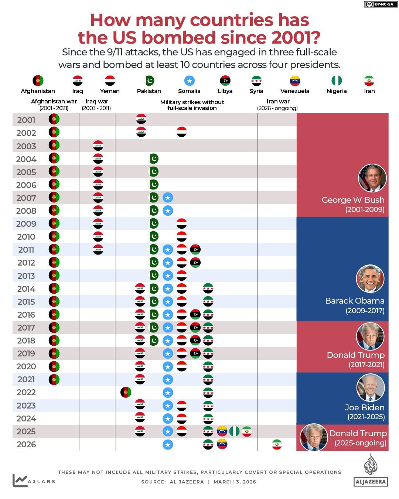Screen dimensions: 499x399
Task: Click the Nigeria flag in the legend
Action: pyautogui.click(x=337, y=81)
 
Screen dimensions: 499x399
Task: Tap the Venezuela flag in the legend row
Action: pyautogui.click(x=295, y=81)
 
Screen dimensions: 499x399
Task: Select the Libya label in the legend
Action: pyautogui.click(x=225, y=91)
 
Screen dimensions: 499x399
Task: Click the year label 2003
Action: pyautogui.click(x=26, y=146)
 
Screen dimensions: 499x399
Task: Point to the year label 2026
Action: pyautogui.click(x=26, y=445)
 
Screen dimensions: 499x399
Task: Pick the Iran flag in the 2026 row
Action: pyautogui.click(x=277, y=444)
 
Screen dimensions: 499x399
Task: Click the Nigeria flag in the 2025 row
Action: pyautogui.click(x=234, y=431)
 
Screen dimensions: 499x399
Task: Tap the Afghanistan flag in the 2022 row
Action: pyautogui.click(x=126, y=392)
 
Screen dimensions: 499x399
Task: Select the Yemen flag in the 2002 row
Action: pyautogui.click(x=181, y=132)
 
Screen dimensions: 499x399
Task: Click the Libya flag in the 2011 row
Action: pyautogui.click(x=195, y=250)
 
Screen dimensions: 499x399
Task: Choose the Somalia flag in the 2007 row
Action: pyautogui.click(x=168, y=198)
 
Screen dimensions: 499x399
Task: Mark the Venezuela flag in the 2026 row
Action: pyautogui.click(x=222, y=444)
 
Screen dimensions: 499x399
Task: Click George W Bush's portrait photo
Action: pyautogui.click(x=372, y=178)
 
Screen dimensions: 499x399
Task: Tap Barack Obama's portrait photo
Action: pyautogui.click(x=370, y=279)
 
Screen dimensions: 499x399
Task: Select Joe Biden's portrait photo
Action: pyautogui.click(x=371, y=388)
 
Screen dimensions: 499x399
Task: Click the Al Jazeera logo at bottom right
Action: pyautogui.click(x=371, y=471)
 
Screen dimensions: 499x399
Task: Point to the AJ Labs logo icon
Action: pyautogui.click(x=20, y=481)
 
